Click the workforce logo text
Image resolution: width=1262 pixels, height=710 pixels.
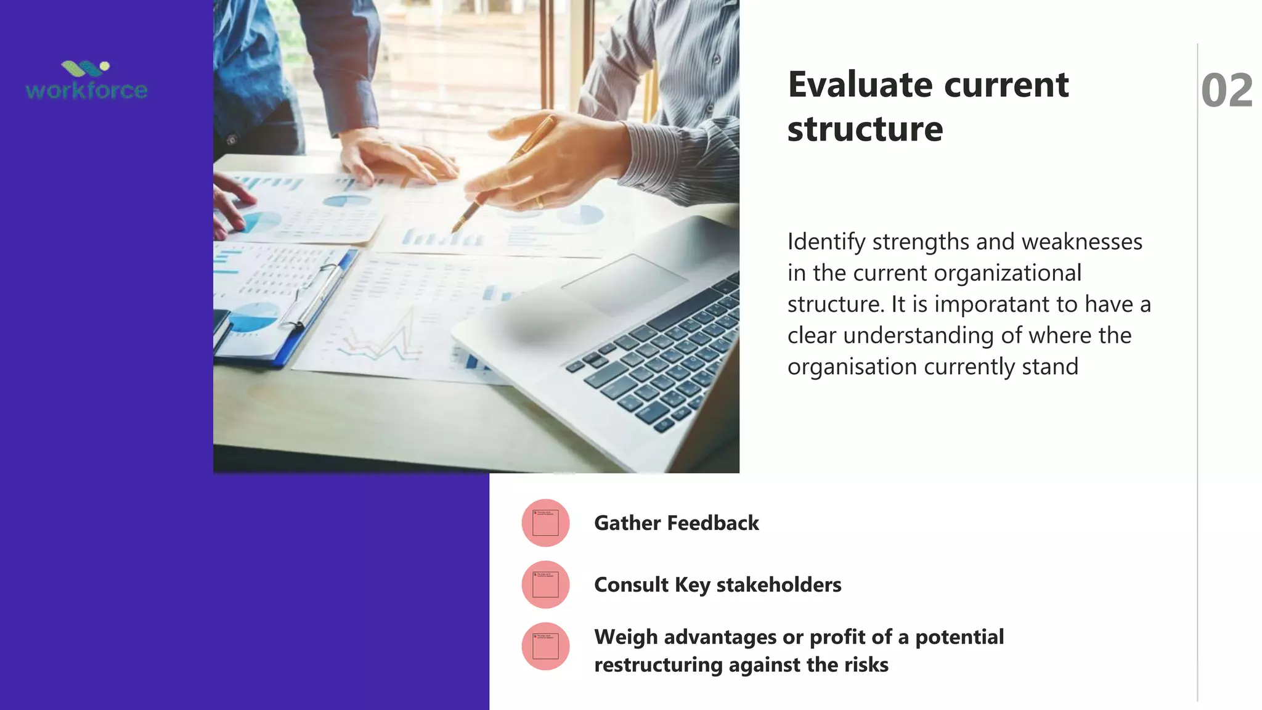[x=86, y=91]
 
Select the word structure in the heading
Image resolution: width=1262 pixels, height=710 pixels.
[x=865, y=129]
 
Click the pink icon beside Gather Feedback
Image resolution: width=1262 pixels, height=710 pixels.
[x=545, y=523]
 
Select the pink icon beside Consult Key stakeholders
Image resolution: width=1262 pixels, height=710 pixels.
[x=545, y=584]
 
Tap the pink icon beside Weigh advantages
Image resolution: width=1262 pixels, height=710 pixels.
[x=545, y=646]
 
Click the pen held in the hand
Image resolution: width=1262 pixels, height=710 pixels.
[x=499, y=179]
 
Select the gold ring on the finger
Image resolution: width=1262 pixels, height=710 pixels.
[x=539, y=201]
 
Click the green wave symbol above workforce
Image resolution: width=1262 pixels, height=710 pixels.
[x=84, y=68]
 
